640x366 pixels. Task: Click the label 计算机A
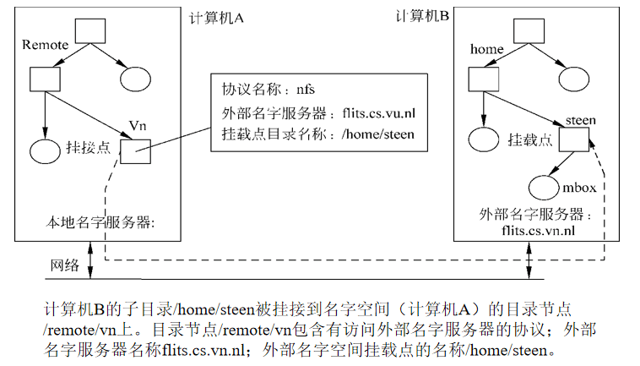[216, 19]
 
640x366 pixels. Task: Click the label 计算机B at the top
[422, 16]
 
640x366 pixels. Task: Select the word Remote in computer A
[45, 45]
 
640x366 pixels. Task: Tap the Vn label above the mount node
[138, 125]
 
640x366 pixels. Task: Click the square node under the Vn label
[135, 151]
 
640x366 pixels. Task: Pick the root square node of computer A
[90, 31]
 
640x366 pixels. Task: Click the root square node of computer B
[529, 31]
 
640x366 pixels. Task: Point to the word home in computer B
[486, 49]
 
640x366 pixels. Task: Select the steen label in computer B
[580, 120]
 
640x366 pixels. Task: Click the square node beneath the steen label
[574, 139]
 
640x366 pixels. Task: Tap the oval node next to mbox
[544, 188]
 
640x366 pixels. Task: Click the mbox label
[579, 188]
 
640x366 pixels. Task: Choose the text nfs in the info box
[306, 89]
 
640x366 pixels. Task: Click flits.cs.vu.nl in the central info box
[379, 112]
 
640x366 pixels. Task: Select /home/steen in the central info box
[378, 134]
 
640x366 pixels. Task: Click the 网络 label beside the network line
[64, 265]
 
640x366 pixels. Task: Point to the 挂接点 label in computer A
[88, 147]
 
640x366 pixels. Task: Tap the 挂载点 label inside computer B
[529, 140]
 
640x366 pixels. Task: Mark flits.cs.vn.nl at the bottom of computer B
[539, 231]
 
